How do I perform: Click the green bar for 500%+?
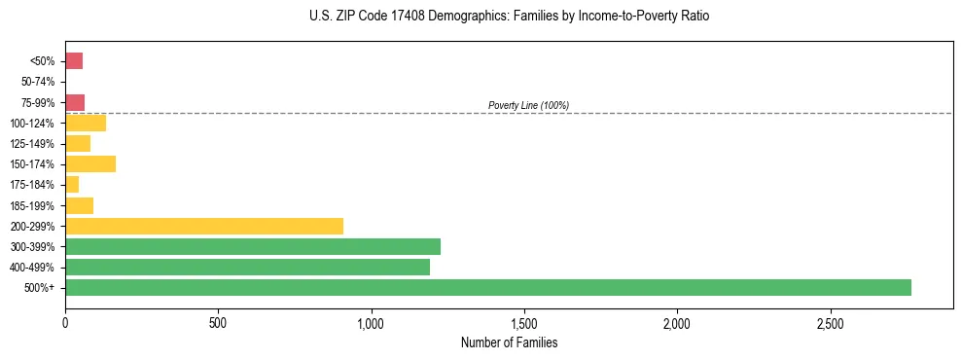[x=487, y=287]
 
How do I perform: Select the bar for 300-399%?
[x=252, y=246]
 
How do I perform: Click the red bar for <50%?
[x=74, y=61]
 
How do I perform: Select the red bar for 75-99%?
[x=75, y=102]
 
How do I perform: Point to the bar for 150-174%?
[x=90, y=163]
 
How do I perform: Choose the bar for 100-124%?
[x=86, y=123]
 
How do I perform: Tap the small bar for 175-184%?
[x=72, y=185]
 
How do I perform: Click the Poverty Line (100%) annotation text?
[x=528, y=105]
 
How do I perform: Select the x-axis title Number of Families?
[x=510, y=342]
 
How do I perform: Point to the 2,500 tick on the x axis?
[x=830, y=322]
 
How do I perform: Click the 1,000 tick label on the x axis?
[x=371, y=322]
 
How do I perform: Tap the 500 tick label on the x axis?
[x=218, y=322]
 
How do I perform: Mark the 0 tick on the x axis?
[x=65, y=322]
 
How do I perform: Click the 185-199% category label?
[x=34, y=205]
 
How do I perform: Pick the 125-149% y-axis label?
[x=34, y=144]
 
